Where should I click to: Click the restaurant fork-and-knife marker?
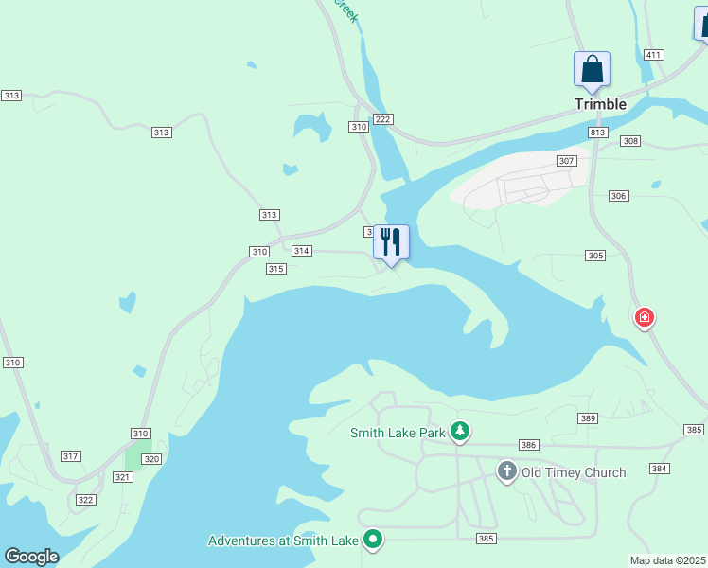(x=391, y=242)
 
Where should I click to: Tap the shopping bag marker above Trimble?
(x=592, y=70)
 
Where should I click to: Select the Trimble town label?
(x=600, y=104)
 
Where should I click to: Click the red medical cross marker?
(x=645, y=317)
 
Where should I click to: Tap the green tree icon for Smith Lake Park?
(x=460, y=433)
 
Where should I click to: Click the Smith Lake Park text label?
(x=398, y=434)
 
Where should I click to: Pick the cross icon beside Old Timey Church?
(x=506, y=470)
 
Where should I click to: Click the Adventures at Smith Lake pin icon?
(x=374, y=541)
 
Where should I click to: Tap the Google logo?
(x=31, y=557)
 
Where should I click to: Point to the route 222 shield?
(x=382, y=118)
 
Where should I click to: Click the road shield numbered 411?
(x=652, y=55)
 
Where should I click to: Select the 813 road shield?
(x=597, y=133)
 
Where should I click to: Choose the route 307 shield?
(x=566, y=161)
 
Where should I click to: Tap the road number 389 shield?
(x=588, y=417)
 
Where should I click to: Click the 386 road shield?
(x=529, y=445)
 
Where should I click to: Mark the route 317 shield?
(x=70, y=456)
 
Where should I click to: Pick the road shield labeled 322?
(x=86, y=500)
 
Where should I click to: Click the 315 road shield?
(x=275, y=269)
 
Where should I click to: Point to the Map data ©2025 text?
(x=667, y=560)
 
